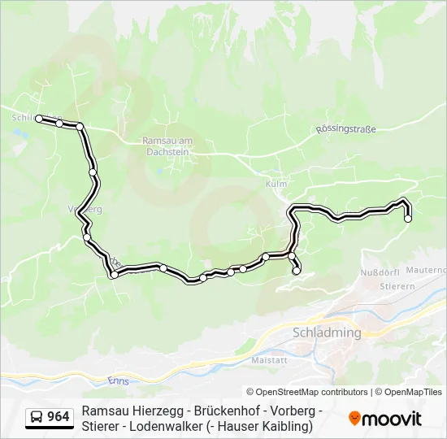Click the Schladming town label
click(x=326, y=333)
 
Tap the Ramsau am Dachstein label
click(x=165, y=145)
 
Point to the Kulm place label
click(x=276, y=185)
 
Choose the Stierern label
click(x=397, y=286)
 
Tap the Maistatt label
click(x=269, y=359)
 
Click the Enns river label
click(x=119, y=380)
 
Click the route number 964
click(x=59, y=417)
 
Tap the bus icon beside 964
click(x=37, y=417)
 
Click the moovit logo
click(x=385, y=419)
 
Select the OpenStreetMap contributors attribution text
click(x=307, y=392)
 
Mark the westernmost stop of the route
click(x=38, y=119)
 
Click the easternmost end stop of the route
click(x=408, y=218)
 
